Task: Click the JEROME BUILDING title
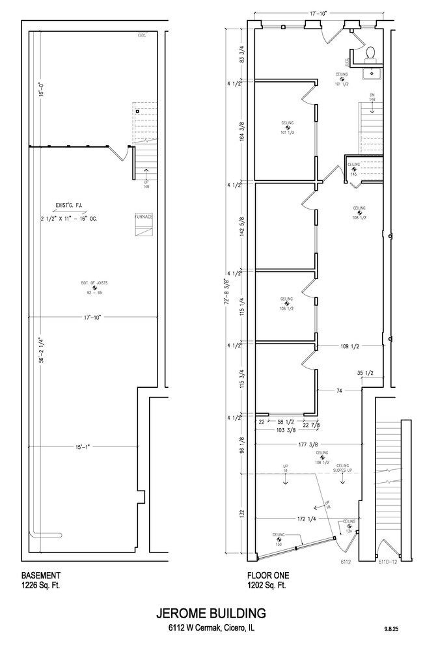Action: tap(211, 613)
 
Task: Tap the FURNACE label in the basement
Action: tap(143, 216)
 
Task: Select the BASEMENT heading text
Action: tap(42, 575)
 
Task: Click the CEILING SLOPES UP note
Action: tap(342, 467)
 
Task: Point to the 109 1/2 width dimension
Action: tap(350, 346)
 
